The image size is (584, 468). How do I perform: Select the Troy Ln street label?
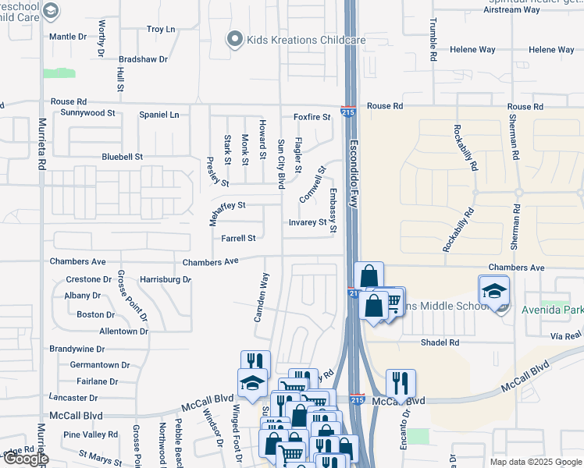coord(161,29)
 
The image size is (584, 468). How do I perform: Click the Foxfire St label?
coord(312,117)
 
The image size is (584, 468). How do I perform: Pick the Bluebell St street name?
coord(122,157)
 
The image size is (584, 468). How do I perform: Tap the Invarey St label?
coord(308,222)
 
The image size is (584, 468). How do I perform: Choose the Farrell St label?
coord(238,239)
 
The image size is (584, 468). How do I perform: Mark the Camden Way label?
coord(265,297)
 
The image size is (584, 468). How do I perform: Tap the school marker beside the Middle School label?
coord(493,292)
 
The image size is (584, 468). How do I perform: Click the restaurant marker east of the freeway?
coord(400,383)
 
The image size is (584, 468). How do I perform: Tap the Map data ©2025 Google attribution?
coord(535,462)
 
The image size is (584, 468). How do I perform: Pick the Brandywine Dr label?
coord(77,349)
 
